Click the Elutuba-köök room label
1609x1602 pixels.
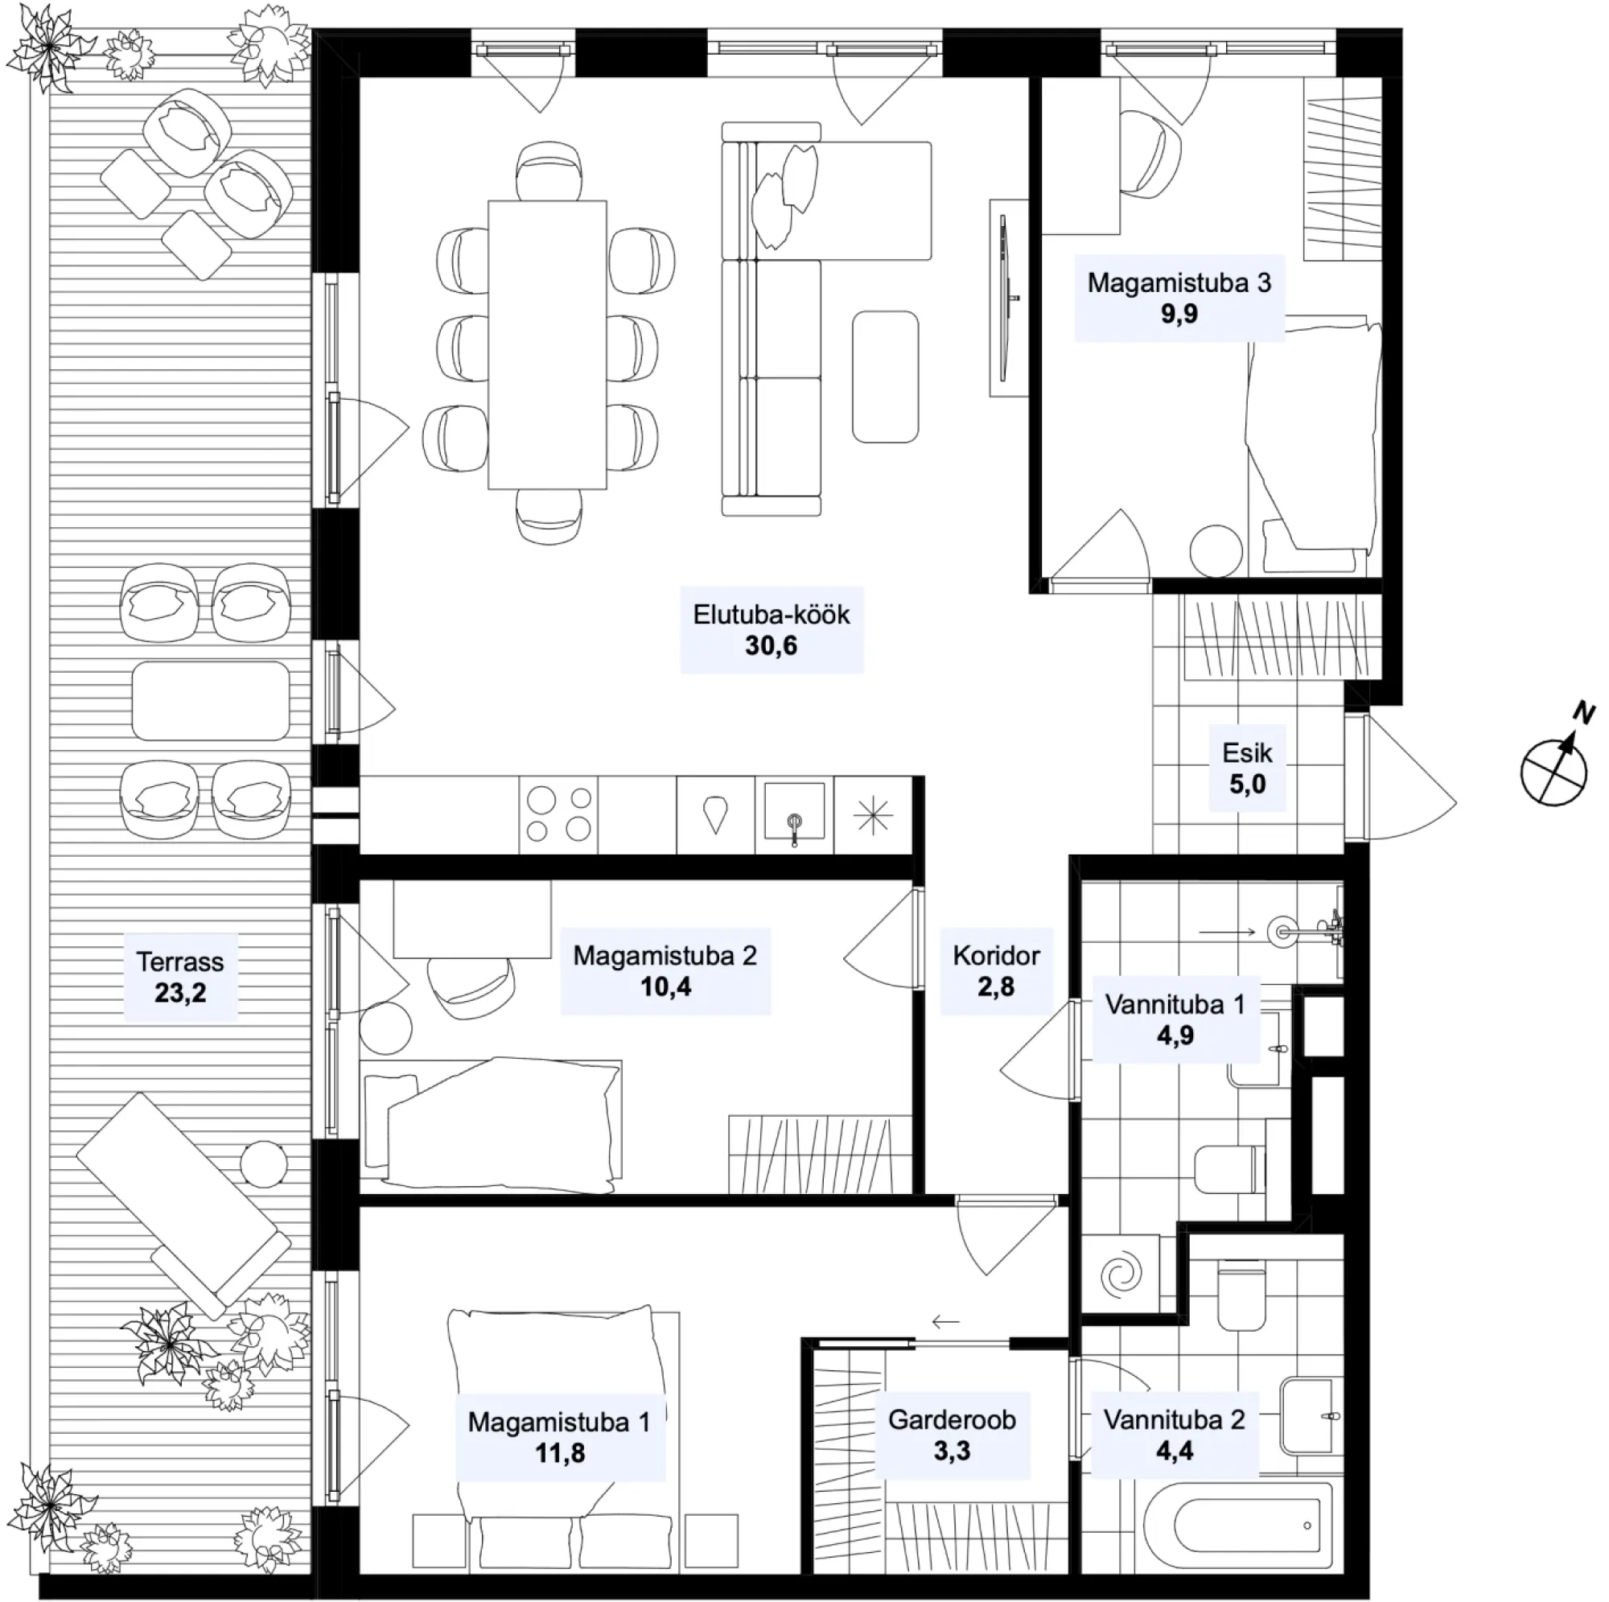click(x=772, y=615)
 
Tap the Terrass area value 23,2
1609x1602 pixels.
click(x=180, y=992)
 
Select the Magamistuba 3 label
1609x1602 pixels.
click(x=1179, y=283)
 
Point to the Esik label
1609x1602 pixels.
click(x=1247, y=753)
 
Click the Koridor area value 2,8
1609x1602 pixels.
click(x=996, y=986)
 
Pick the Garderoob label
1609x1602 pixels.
click(x=952, y=1419)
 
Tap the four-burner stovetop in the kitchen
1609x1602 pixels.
click(x=559, y=814)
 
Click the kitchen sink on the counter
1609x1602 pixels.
click(x=795, y=814)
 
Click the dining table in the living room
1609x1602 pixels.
click(x=547, y=344)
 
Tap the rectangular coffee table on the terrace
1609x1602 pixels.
click(x=211, y=701)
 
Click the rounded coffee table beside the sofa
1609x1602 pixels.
click(x=885, y=377)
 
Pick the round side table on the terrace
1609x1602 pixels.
click(x=263, y=1162)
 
